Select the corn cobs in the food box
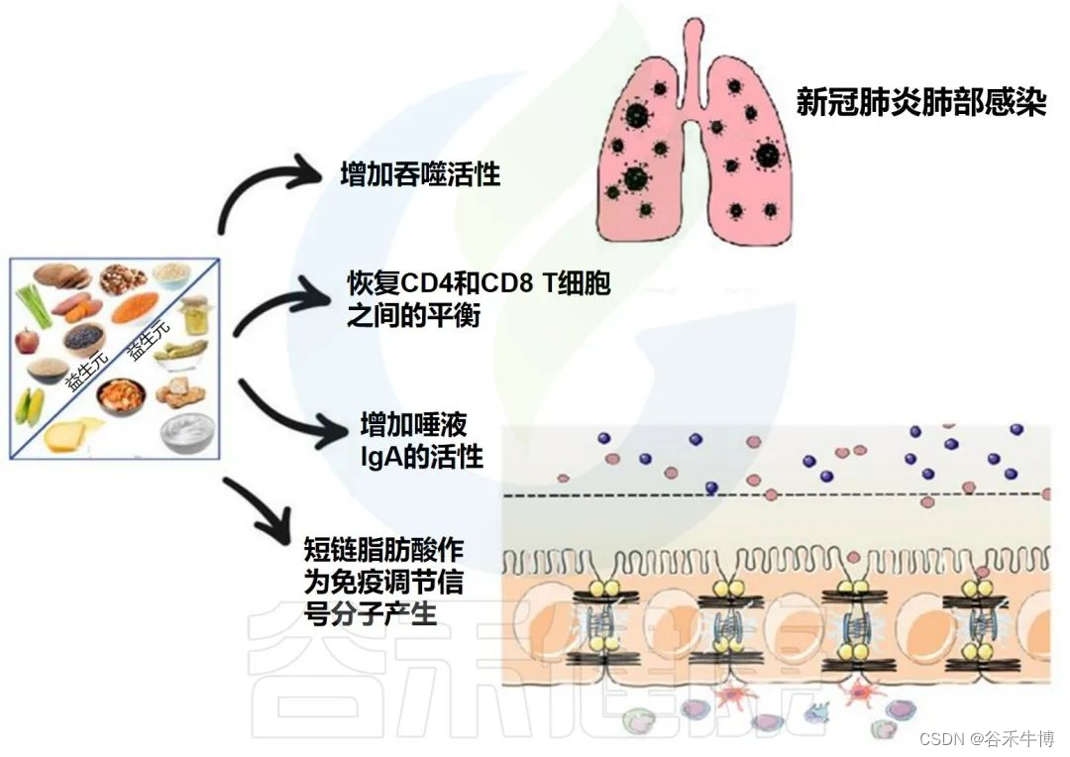point(31,406)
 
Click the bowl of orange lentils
point(130,310)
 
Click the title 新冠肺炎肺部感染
point(921,103)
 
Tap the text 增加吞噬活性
point(420,175)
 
